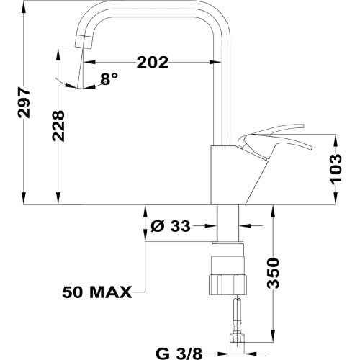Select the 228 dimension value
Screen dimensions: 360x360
(x=58, y=127)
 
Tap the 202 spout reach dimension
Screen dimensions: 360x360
(x=152, y=63)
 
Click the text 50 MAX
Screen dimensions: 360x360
(x=96, y=292)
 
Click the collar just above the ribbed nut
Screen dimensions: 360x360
(x=228, y=252)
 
